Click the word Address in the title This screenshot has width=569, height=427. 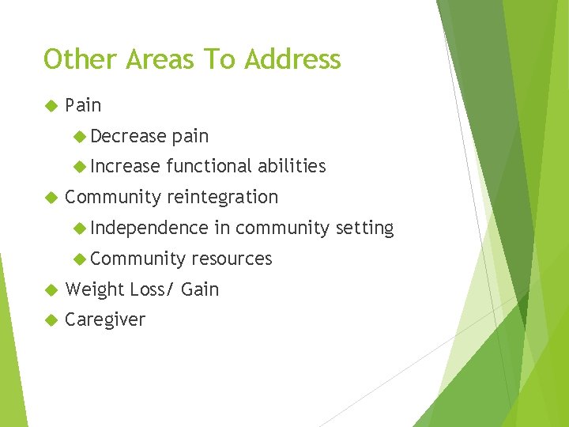pyautogui.click(x=293, y=59)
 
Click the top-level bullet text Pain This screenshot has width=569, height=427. pyautogui.click(x=83, y=105)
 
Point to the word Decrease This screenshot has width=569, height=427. pyautogui.click(x=128, y=136)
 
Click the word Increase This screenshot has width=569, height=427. pyautogui.click(x=126, y=166)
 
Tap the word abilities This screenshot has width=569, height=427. pyautogui.click(x=291, y=166)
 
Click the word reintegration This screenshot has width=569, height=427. pyautogui.click(x=223, y=197)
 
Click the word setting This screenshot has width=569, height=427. pyautogui.click(x=364, y=228)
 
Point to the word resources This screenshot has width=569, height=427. pyautogui.click(x=232, y=259)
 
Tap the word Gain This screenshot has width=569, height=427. pyautogui.click(x=200, y=289)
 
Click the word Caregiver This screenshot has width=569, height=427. pyautogui.click(x=105, y=320)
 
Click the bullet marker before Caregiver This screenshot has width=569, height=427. pyautogui.click(x=51, y=320)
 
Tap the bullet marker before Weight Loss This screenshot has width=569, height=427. pyautogui.click(x=51, y=289)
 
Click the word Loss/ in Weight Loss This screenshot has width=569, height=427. pyautogui.click(x=152, y=289)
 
